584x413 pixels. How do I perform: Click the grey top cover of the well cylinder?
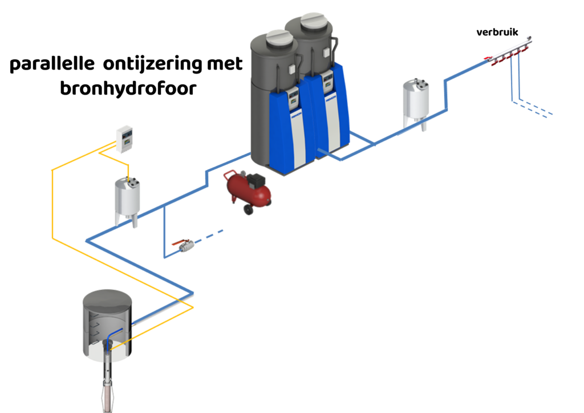(107, 299)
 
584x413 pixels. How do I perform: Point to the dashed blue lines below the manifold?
(533, 108)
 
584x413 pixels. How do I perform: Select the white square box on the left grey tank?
(290, 69)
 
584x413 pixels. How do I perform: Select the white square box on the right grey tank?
(325, 54)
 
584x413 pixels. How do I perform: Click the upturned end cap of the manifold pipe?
(530, 39)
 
